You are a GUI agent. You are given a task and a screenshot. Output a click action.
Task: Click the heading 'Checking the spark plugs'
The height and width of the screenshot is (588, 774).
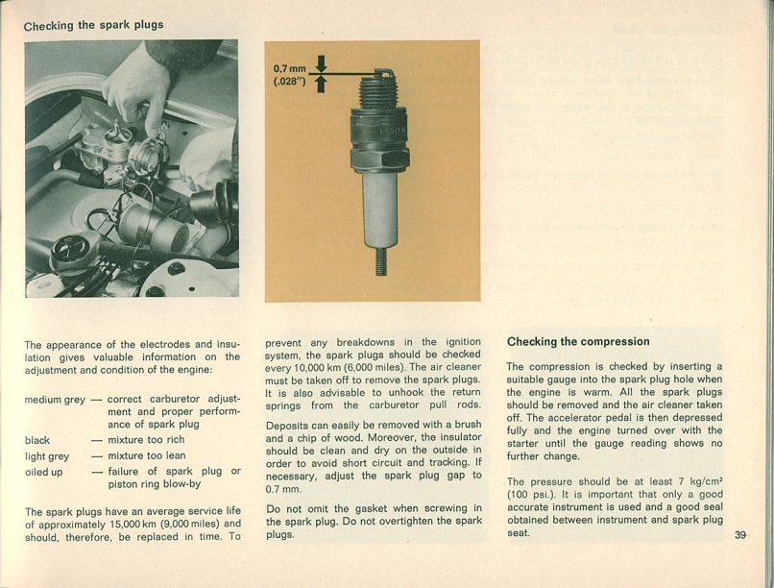[93, 25]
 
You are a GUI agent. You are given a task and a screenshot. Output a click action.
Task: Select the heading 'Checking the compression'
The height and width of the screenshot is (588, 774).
[578, 341]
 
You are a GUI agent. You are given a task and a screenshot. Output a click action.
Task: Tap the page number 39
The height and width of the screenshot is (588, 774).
[740, 535]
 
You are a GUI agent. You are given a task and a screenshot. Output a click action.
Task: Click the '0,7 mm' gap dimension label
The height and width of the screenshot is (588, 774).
[288, 69]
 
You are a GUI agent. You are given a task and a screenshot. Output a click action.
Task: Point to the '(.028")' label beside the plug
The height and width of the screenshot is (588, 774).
[289, 83]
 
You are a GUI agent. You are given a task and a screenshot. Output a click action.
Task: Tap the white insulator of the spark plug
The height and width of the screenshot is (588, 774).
[380, 208]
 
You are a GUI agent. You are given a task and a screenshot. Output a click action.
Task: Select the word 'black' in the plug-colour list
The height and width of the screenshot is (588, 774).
[37, 440]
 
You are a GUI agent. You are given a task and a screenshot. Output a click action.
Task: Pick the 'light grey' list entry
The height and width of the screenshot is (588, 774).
[47, 456]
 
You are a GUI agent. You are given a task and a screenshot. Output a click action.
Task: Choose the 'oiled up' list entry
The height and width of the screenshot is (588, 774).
[44, 472]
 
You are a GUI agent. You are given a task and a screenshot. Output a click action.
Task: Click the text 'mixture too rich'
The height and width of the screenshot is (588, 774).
[146, 440]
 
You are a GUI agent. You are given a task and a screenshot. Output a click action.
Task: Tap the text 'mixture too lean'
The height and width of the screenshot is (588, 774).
[147, 456]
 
